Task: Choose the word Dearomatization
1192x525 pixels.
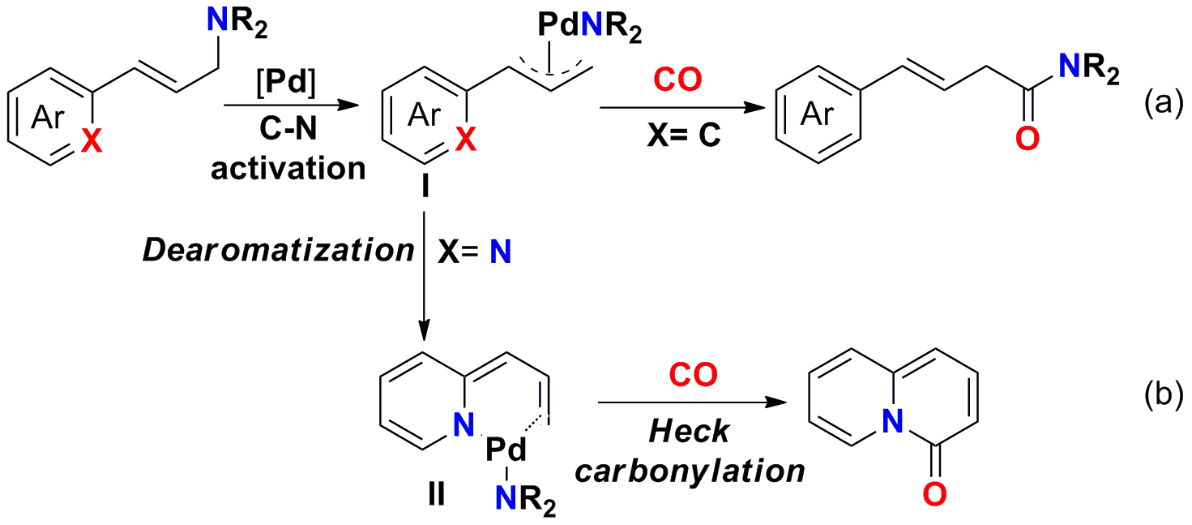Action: [x=279, y=251]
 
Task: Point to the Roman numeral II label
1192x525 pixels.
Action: [x=436, y=493]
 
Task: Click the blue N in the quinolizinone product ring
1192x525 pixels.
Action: [x=892, y=419]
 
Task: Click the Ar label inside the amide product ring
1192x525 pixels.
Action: [x=818, y=115]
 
